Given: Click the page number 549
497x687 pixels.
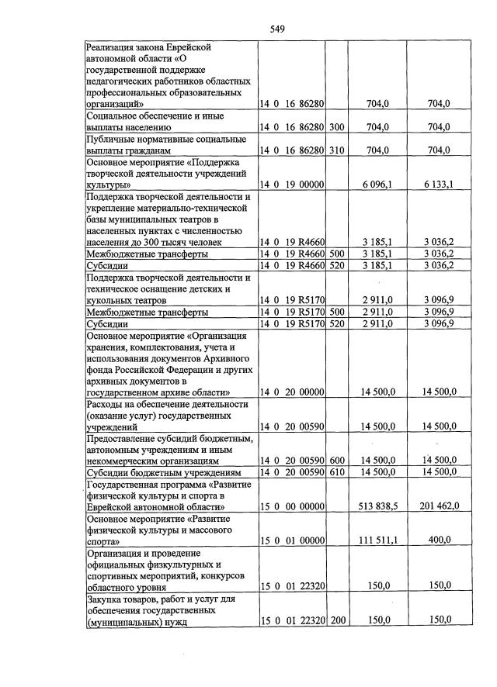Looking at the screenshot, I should pos(277,29).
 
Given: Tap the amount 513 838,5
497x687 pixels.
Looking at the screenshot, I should pos(378,506).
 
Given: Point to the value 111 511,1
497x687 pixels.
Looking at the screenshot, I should pos(378,540).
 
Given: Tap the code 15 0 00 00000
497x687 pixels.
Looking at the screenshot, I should pos(292,506).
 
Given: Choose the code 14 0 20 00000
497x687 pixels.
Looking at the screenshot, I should pos(292,392).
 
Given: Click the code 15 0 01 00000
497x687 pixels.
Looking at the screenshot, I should pos(292,540).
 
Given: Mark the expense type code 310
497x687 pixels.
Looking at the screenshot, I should pos(336,150).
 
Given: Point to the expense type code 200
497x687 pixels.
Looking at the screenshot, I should pos(336,621).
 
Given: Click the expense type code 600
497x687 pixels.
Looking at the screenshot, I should pos(336,461).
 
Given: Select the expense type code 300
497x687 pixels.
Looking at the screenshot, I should pos(336,126).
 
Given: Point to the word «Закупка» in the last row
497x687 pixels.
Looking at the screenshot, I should pos(105,599).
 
